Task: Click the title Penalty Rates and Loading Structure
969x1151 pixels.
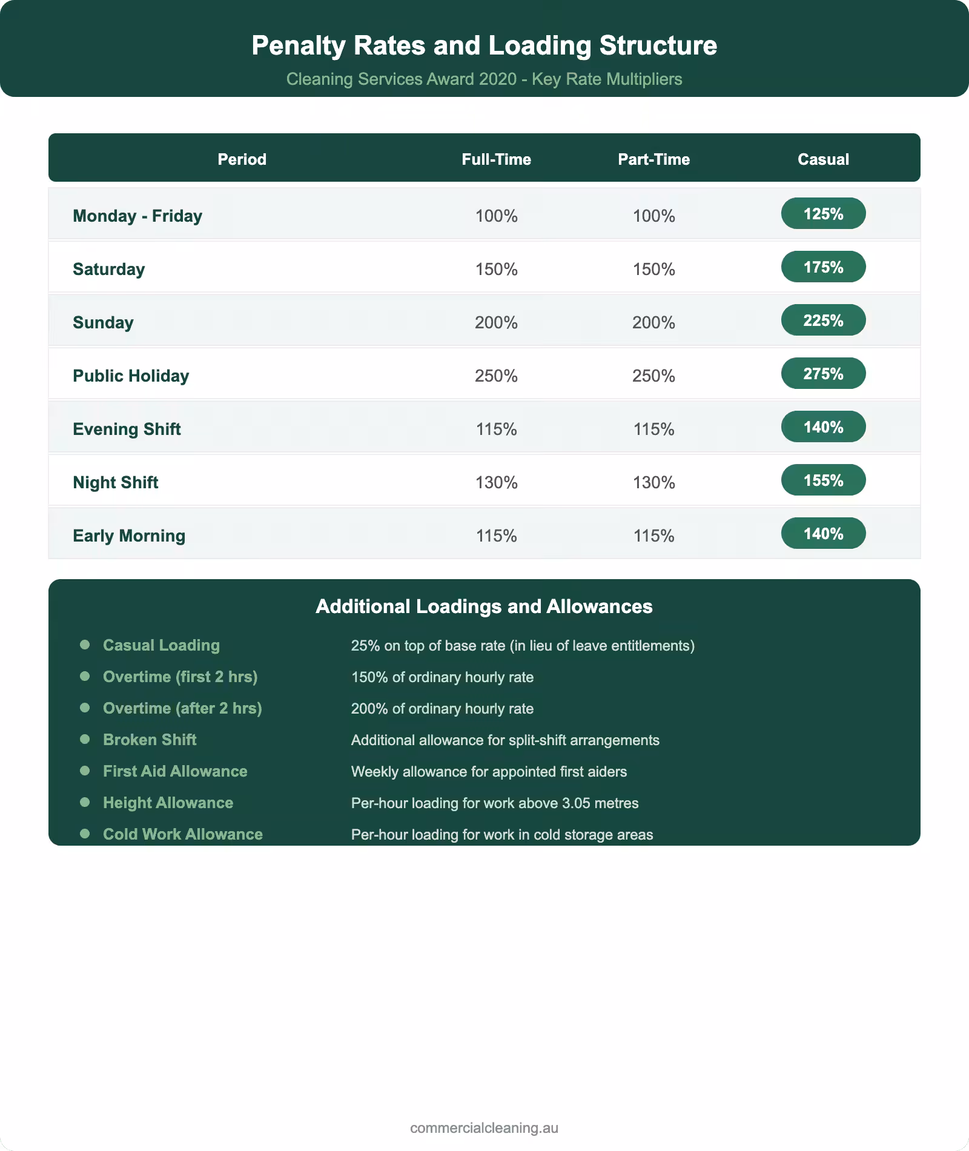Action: [484, 45]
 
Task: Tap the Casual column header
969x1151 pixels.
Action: [823, 159]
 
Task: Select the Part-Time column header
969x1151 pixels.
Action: [653, 159]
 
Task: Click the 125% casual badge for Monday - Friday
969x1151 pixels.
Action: [823, 214]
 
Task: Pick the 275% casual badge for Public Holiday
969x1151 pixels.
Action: [823, 374]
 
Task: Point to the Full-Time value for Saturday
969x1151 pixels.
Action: [496, 270]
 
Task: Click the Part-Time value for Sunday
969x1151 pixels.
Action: [653, 323]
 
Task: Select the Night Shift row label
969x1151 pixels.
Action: [116, 483]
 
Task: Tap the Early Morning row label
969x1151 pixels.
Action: [129, 536]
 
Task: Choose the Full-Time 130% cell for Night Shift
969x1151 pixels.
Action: [496, 483]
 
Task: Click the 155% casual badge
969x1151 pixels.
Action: [823, 480]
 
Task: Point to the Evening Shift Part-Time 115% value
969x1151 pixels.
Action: [653, 430]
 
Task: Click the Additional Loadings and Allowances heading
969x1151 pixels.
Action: [484, 606]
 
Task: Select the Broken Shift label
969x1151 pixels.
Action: [150, 740]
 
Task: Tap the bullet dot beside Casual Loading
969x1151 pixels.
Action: [85, 645]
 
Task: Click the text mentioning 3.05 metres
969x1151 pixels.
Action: [495, 803]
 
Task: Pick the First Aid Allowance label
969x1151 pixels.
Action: [175, 771]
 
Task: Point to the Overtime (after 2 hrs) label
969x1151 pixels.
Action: [182, 708]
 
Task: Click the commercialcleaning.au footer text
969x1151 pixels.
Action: [484, 1128]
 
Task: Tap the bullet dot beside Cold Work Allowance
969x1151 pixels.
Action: [85, 834]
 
